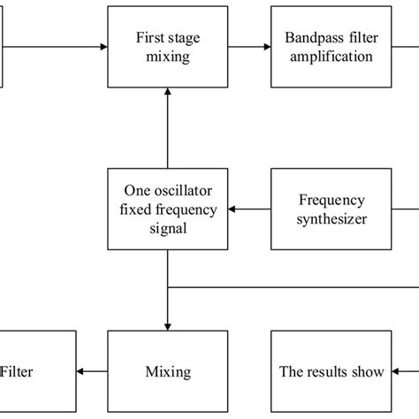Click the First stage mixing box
point(167,46)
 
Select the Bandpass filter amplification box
point(329,46)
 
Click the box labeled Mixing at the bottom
point(167,371)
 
